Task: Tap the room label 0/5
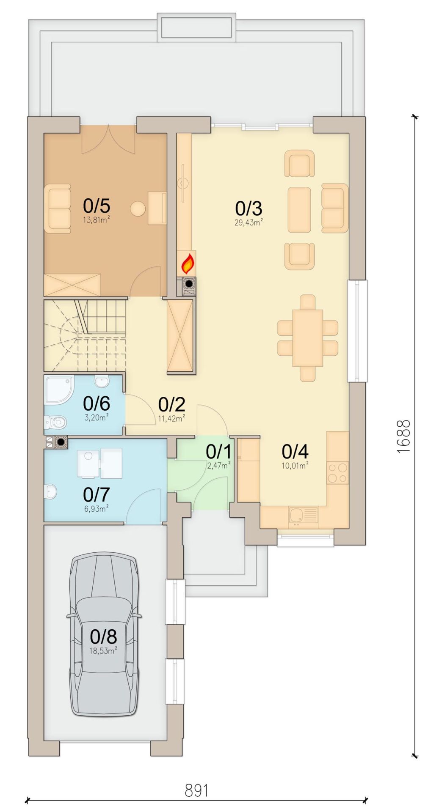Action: tap(97, 206)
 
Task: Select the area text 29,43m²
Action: tap(249, 222)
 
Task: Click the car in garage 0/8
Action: tap(104, 634)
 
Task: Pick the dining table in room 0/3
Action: tap(308, 338)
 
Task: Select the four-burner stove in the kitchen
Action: tap(338, 473)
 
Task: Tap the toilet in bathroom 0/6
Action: tap(55, 421)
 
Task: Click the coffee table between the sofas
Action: tap(299, 210)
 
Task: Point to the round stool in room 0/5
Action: tap(138, 208)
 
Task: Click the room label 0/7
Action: tap(97, 494)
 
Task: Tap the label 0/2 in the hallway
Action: tap(171, 405)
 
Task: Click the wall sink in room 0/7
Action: tap(51, 491)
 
